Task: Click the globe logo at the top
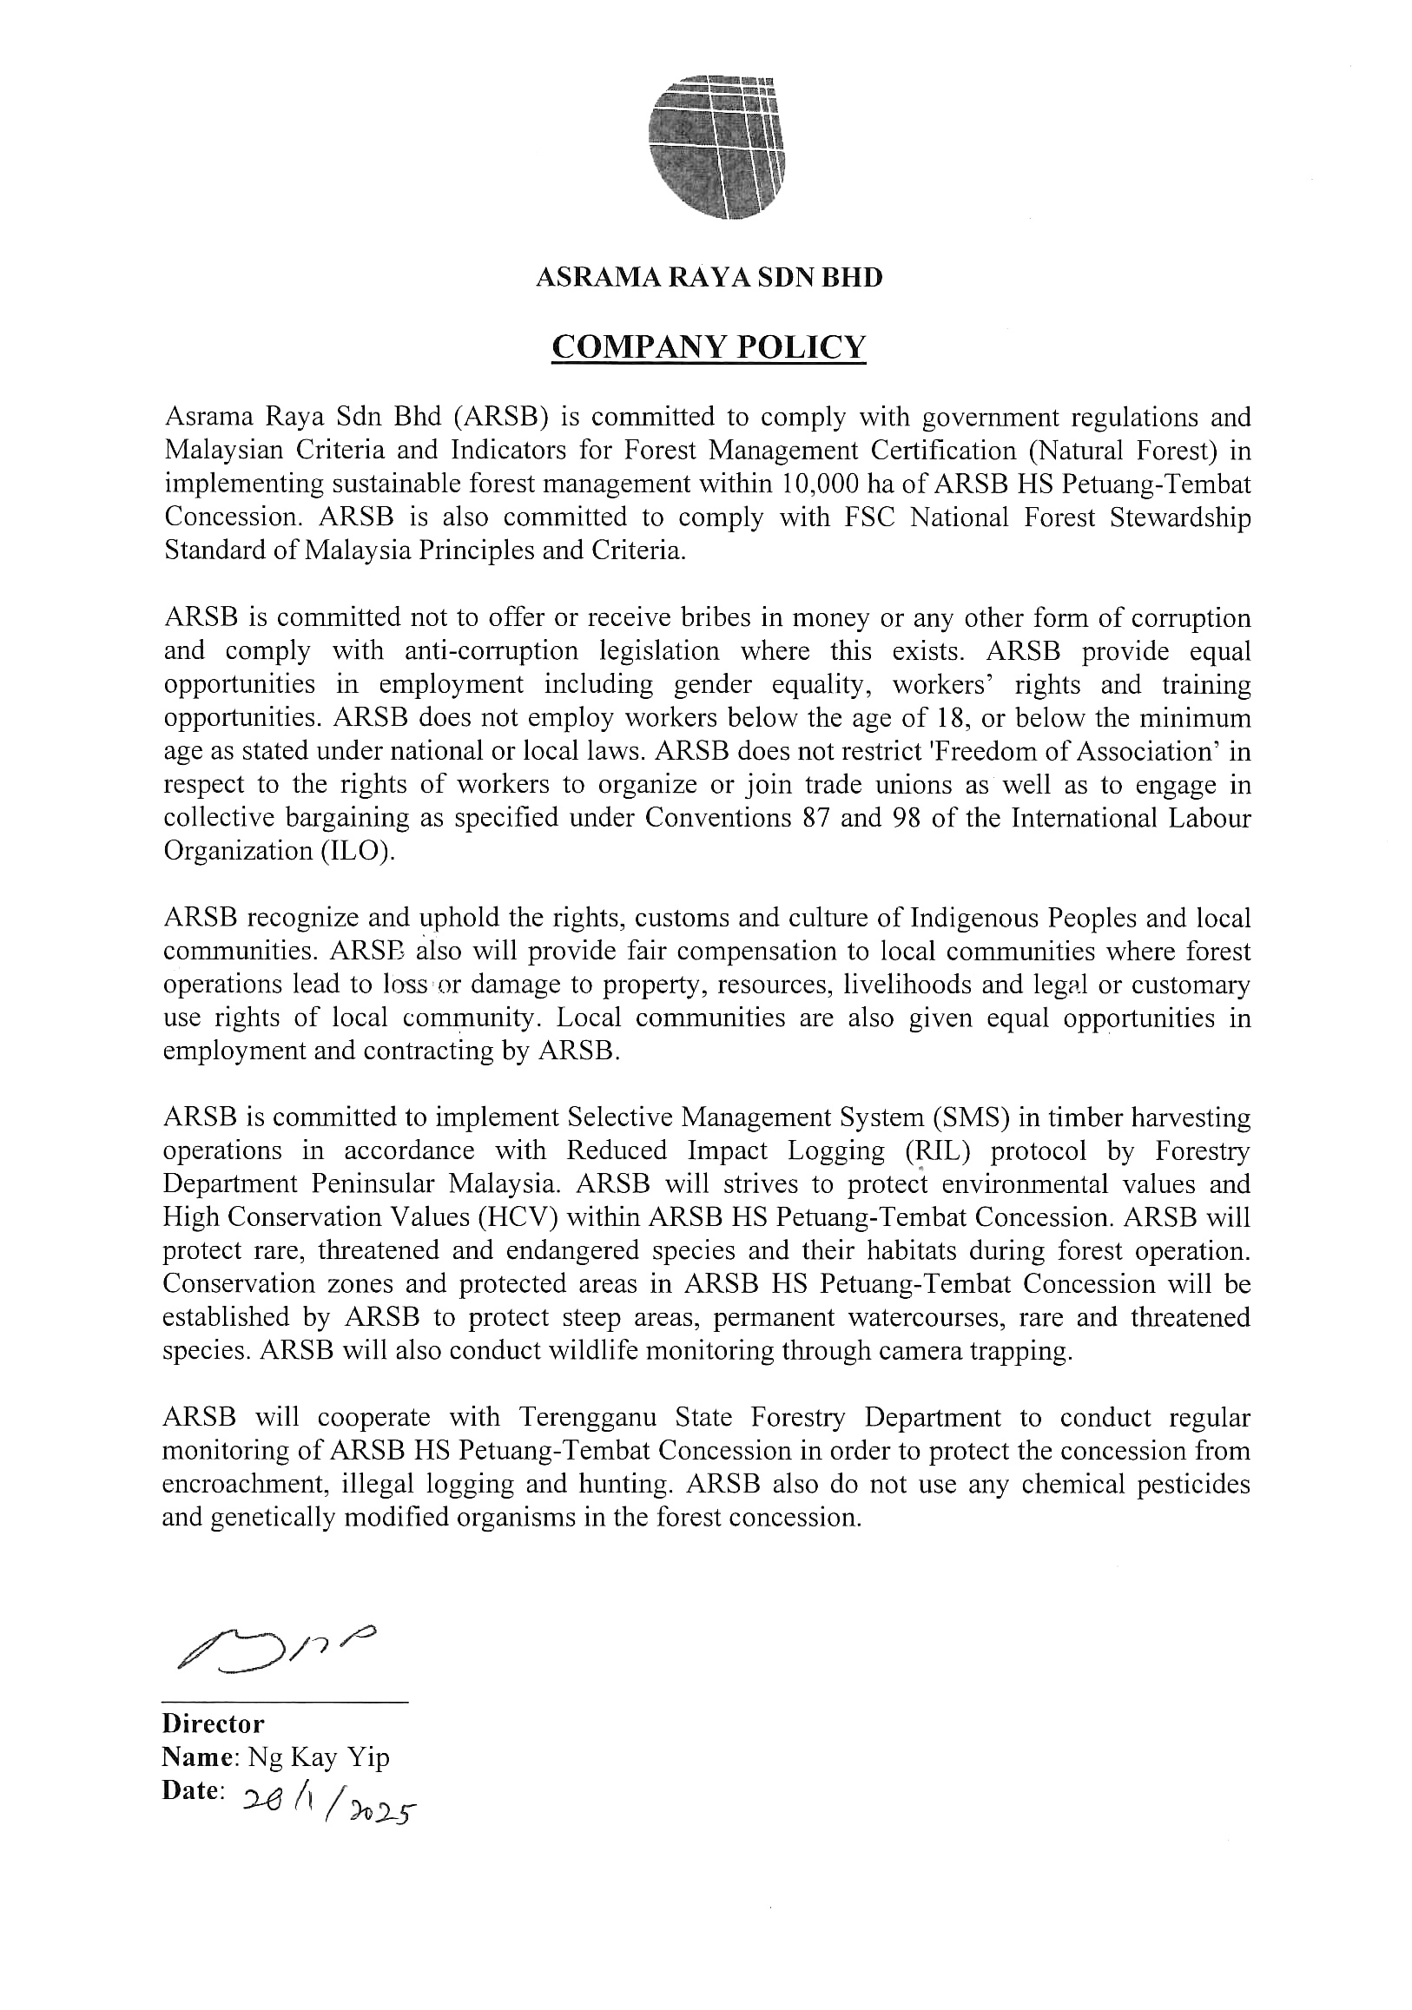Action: [x=716, y=147]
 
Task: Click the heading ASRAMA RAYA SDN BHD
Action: [x=709, y=278]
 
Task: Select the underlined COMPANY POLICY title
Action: [x=709, y=347]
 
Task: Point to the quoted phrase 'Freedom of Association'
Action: [x=1061, y=751]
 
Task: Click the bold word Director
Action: [x=213, y=1723]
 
